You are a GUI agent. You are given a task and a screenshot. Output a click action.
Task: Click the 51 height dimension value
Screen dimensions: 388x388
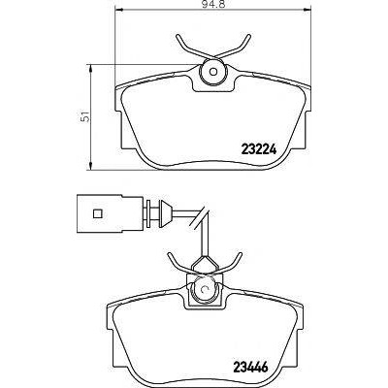(85, 116)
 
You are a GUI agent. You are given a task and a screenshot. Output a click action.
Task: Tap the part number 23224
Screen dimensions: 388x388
(259, 149)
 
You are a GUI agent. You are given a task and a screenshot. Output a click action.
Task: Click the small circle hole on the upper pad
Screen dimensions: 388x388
(213, 72)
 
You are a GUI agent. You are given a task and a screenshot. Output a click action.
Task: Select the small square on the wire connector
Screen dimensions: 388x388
(97, 213)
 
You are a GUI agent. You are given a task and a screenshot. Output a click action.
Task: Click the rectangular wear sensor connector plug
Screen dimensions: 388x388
(110, 213)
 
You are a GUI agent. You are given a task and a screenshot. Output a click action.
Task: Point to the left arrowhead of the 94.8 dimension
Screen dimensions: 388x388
(119, 11)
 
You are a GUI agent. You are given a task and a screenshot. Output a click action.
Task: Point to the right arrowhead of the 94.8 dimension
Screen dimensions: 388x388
(307, 11)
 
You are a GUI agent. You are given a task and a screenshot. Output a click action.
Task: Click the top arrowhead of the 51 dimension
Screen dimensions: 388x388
(91, 68)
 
